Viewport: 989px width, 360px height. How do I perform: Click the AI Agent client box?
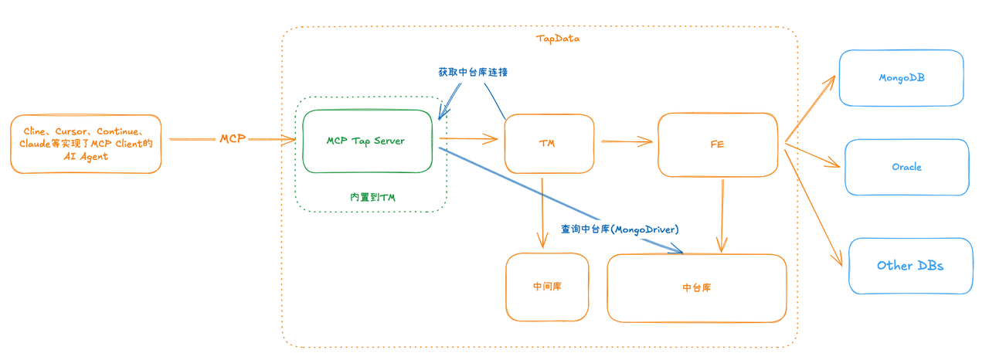(x=86, y=144)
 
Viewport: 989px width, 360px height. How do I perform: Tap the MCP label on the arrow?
(x=233, y=139)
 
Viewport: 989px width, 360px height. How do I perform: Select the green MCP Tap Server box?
(x=367, y=141)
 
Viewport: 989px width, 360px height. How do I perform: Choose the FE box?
(x=717, y=144)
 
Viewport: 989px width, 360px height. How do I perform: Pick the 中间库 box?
(x=547, y=287)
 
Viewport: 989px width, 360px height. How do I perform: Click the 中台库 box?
(x=696, y=287)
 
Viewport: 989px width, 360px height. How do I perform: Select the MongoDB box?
(x=902, y=78)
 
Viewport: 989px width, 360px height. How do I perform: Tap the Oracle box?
(x=906, y=167)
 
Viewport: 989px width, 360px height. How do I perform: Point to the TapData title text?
(x=558, y=39)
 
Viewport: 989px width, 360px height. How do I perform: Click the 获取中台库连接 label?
(x=472, y=72)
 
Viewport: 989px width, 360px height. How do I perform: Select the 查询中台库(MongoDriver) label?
(x=620, y=229)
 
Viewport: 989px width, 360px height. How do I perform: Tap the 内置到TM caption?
(x=372, y=198)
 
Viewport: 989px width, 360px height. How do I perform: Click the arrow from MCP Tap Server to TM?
(x=468, y=140)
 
